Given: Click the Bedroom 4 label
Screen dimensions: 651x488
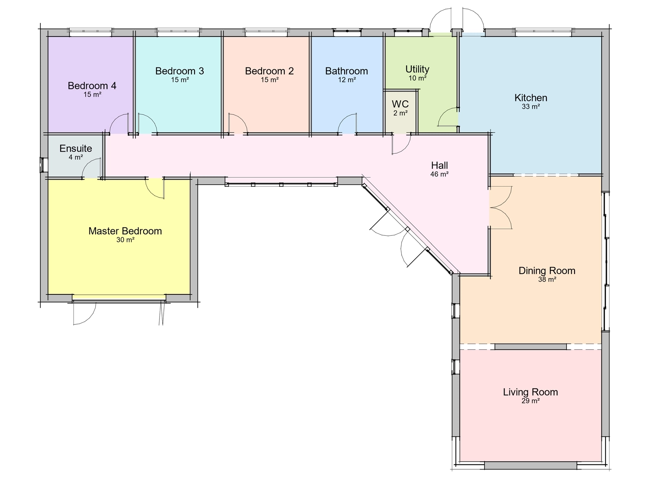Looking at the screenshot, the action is click(92, 85).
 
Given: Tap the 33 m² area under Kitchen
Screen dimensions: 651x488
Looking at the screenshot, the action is click(531, 107).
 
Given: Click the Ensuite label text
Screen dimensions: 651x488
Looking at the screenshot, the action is click(76, 148).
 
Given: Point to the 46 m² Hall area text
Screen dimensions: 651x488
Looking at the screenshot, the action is click(439, 174).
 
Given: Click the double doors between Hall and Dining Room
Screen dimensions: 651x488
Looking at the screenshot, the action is click(500, 207).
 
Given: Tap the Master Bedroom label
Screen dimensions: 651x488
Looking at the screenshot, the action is click(125, 231).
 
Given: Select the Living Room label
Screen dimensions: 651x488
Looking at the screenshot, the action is click(530, 392).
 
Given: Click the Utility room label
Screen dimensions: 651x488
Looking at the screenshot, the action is click(417, 69).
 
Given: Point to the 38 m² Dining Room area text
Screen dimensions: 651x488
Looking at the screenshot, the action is click(547, 280).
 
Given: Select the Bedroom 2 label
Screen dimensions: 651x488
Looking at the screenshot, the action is click(269, 71).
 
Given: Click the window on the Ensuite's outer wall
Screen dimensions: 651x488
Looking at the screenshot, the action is click(43, 165).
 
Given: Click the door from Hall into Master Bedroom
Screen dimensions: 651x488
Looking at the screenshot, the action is click(155, 188).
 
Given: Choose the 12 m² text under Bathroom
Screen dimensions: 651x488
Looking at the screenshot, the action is click(347, 80).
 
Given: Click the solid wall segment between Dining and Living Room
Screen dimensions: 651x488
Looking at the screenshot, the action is click(530, 346).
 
